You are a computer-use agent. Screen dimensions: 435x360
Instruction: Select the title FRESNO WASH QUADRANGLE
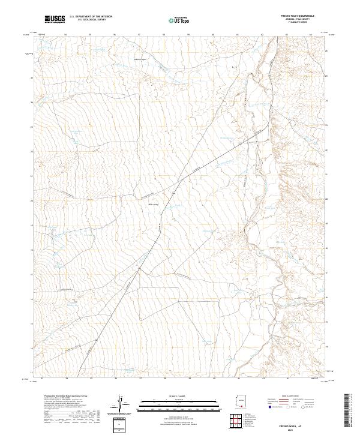[x=298, y=16]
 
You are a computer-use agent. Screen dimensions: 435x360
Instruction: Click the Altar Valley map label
[x=153, y=205]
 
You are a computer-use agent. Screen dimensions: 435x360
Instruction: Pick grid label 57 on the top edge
[x=139, y=35]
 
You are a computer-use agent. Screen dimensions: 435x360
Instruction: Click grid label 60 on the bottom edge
[x=214, y=379]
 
